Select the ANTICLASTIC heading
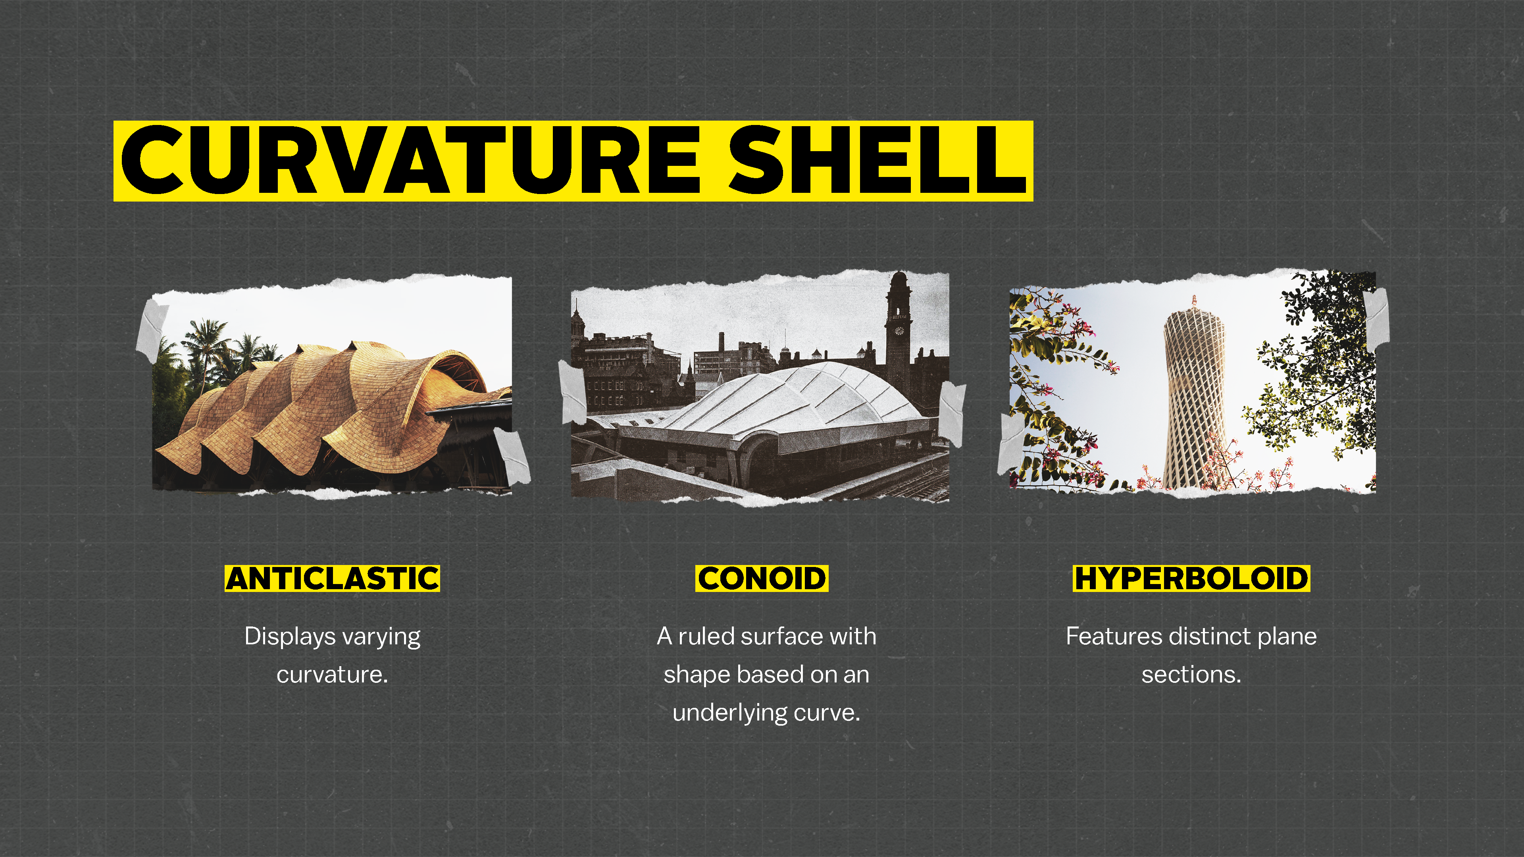point(333,578)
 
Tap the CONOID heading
point(762,578)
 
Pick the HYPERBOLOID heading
point(1191,578)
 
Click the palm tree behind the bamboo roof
point(204,349)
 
